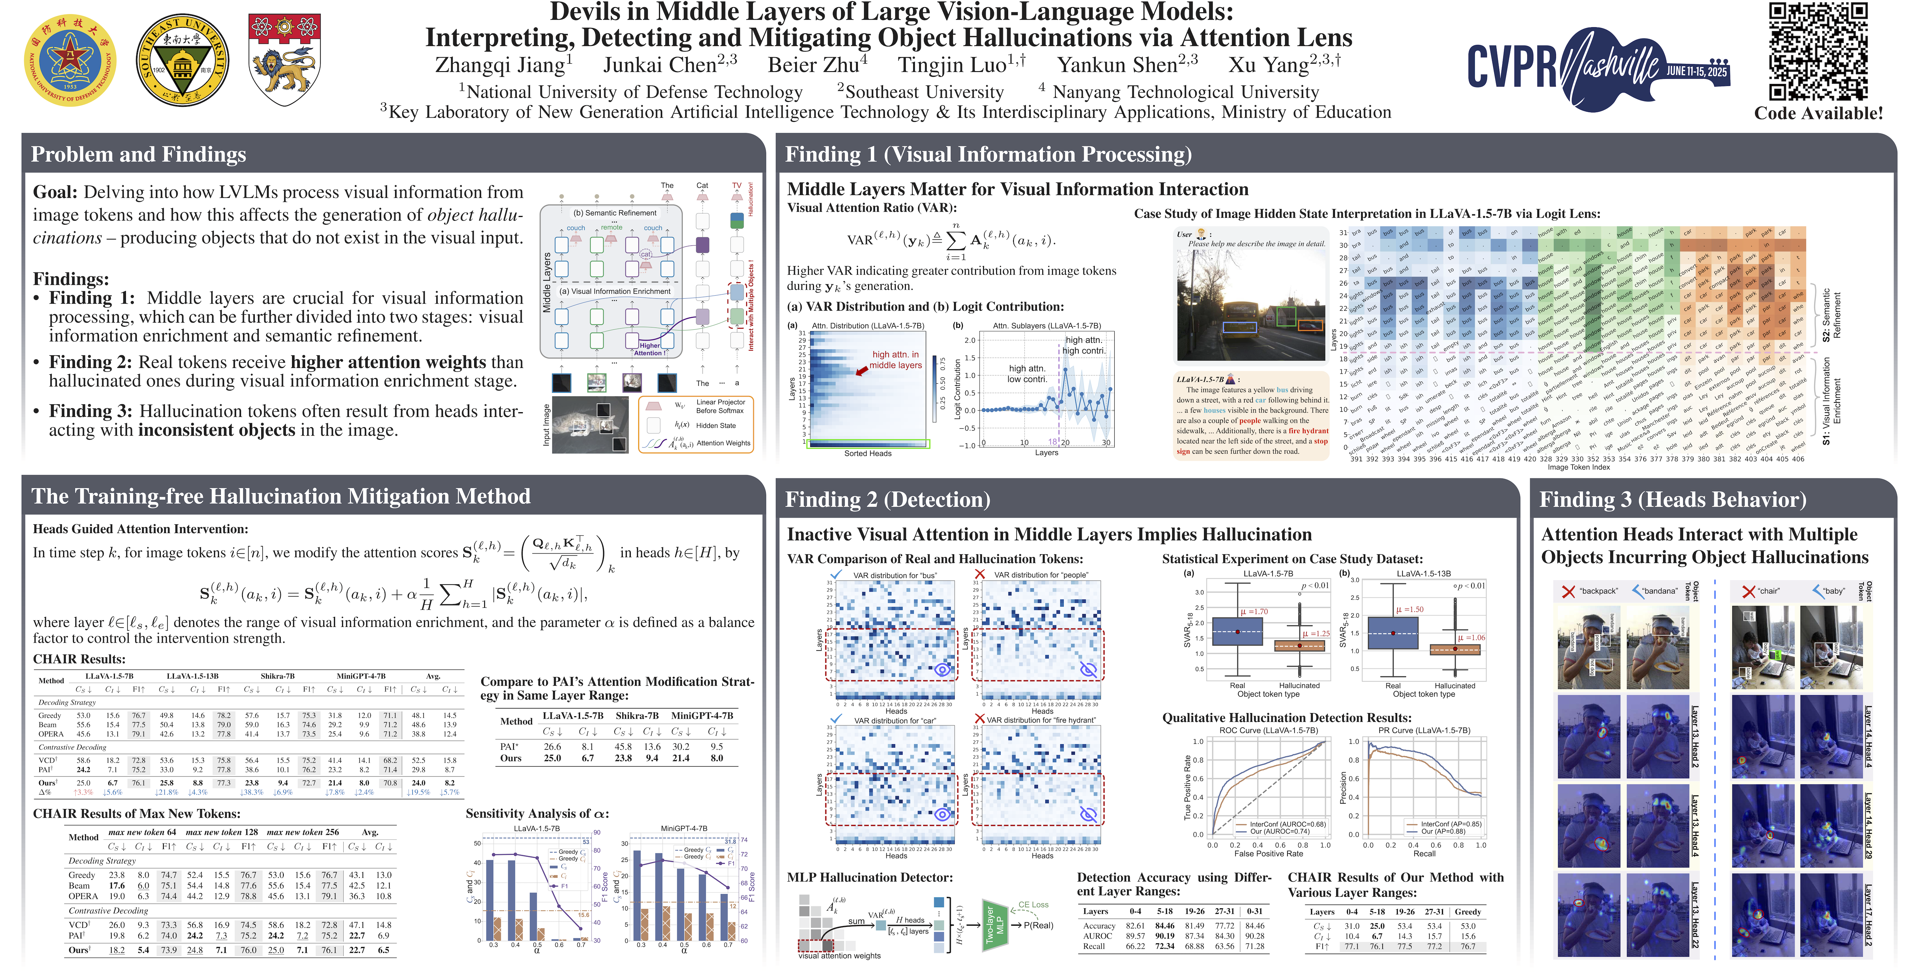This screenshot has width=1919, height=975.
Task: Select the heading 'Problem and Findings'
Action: [139, 154]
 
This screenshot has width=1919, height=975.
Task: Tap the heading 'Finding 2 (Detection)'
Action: [887, 499]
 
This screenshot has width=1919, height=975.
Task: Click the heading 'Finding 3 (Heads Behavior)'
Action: [1672, 499]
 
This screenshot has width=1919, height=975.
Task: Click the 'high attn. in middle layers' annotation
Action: [895, 360]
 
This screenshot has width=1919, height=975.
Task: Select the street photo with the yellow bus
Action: [1253, 305]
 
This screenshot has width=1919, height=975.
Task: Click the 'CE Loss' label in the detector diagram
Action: [1033, 904]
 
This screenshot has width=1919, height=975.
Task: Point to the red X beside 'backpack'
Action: [1568, 591]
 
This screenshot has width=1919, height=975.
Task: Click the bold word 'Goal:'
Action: [55, 192]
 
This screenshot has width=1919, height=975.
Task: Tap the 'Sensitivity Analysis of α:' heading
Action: [537, 813]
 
